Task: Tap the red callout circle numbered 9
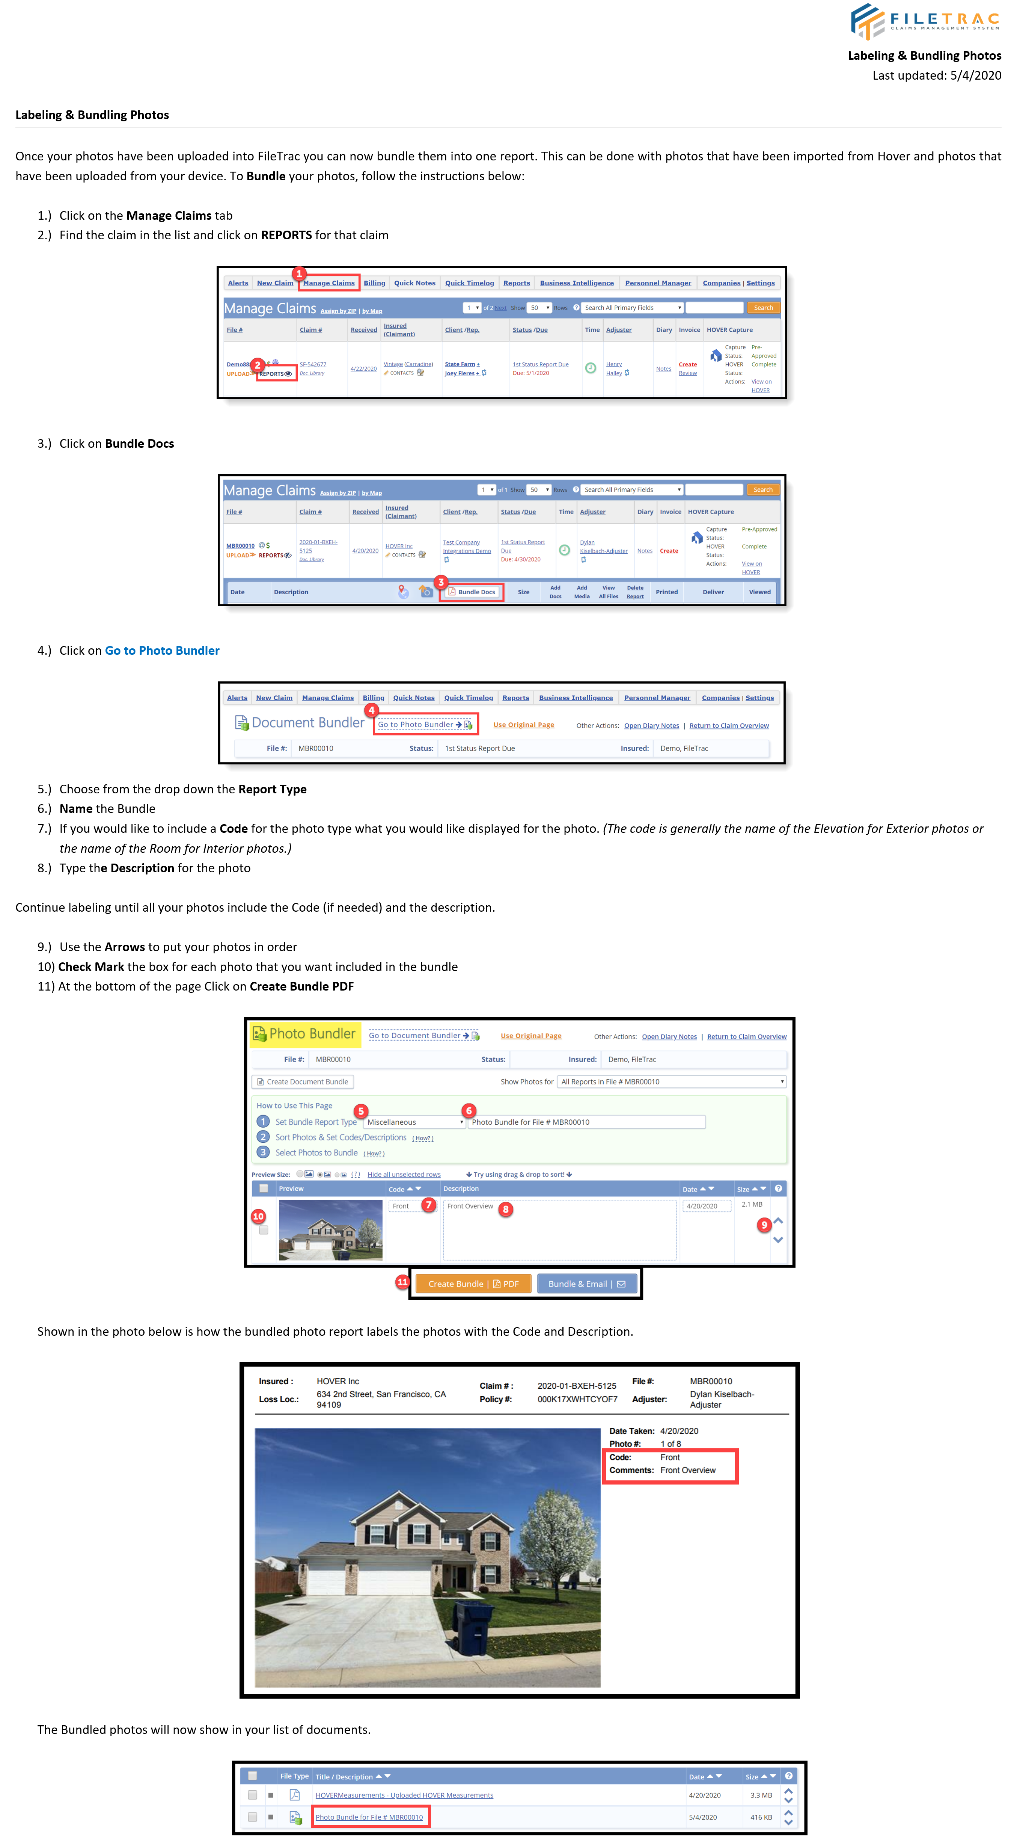[764, 1225]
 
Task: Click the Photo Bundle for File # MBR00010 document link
[369, 1817]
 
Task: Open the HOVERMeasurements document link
[404, 1796]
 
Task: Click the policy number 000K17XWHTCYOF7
[577, 1399]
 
